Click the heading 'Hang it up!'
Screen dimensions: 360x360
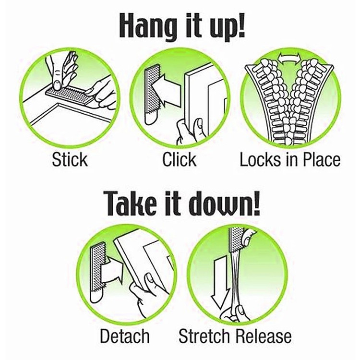coord(182,26)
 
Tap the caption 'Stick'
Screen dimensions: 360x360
coord(70,159)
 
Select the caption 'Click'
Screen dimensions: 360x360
coord(180,159)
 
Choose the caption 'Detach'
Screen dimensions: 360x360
coord(125,336)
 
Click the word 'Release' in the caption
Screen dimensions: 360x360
coord(264,336)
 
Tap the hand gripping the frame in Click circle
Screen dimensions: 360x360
coord(190,131)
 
